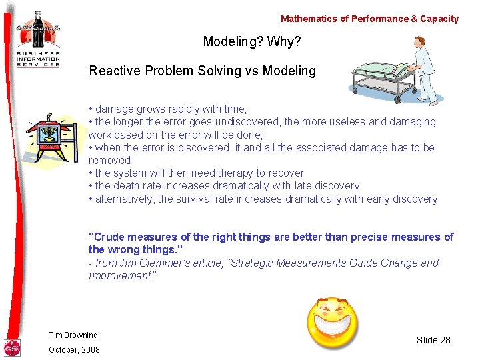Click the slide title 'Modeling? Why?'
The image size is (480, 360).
[x=252, y=42]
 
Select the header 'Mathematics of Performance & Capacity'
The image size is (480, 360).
[x=369, y=19]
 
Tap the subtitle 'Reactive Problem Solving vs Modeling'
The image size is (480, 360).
[x=202, y=71]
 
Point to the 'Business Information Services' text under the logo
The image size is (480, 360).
[x=38, y=58]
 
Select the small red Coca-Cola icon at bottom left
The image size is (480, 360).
[x=12, y=347]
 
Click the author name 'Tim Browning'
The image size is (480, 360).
[x=73, y=335]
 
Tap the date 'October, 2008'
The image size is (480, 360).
[x=73, y=350]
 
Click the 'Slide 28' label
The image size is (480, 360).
[x=433, y=340]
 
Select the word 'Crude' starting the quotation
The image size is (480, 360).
[x=107, y=237]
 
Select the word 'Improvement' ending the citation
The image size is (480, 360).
[x=120, y=276]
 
